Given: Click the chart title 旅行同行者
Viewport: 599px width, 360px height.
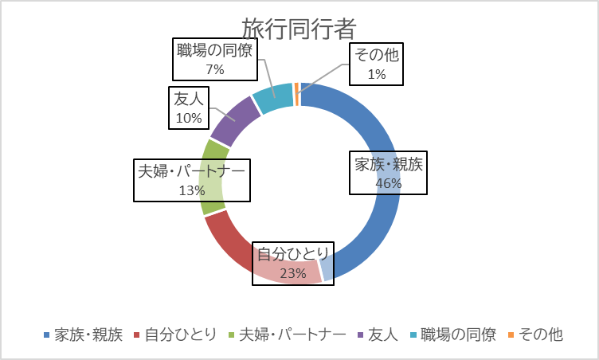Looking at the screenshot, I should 299,28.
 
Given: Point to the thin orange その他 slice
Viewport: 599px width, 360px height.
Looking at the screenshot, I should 297,94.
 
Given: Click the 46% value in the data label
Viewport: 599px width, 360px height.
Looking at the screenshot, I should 388,183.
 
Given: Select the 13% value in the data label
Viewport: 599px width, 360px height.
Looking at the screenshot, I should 192,191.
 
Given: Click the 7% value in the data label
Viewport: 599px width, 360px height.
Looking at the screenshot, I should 215,70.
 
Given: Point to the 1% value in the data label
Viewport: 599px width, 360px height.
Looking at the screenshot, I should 377,75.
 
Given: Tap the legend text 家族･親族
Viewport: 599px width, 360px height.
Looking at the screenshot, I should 88,335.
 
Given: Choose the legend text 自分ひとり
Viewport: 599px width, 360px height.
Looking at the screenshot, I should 180,335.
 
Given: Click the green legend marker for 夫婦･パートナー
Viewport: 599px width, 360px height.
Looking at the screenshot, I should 233,335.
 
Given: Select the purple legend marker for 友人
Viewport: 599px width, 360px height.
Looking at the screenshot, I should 360,335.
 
